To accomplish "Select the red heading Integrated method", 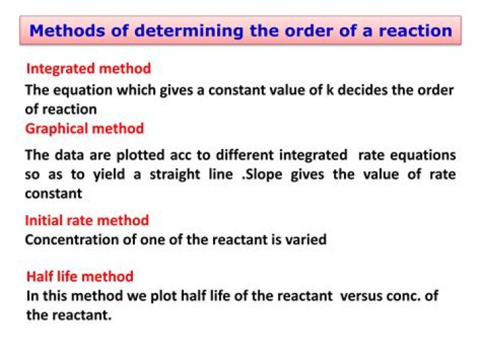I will point(88,68).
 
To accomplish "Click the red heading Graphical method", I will point(84,128).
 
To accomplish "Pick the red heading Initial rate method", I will point(87,220).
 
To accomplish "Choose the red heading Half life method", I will point(79,276).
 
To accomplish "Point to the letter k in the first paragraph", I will point(329,89).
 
